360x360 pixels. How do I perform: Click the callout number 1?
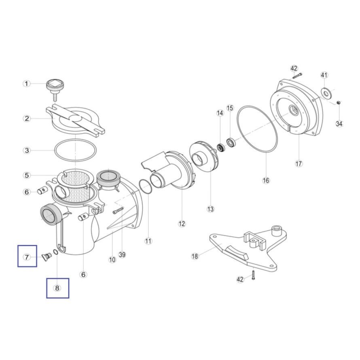tap(27, 84)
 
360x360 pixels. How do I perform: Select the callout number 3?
tap(27, 150)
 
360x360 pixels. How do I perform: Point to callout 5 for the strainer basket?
tap(27, 176)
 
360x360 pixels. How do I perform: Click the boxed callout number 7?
tap(27, 257)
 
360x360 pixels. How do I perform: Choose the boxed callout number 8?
tap(57, 288)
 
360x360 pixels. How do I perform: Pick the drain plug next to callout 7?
tap(47, 256)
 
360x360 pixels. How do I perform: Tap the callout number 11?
tap(148, 241)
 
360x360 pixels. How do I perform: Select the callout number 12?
tap(182, 223)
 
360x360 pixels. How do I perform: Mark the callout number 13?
tap(210, 209)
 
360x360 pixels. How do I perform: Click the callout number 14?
tap(220, 113)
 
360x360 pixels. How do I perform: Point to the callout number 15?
tap(230, 108)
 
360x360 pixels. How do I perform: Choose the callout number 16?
tap(266, 180)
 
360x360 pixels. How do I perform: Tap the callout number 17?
tap(299, 163)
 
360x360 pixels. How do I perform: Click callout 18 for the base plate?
tap(195, 256)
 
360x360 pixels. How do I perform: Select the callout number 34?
tap(339, 124)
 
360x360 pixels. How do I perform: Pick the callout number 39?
tap(123, 254)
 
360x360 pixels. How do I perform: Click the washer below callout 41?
tap(326, 93)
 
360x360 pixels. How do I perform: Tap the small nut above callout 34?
tap(338, 102)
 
